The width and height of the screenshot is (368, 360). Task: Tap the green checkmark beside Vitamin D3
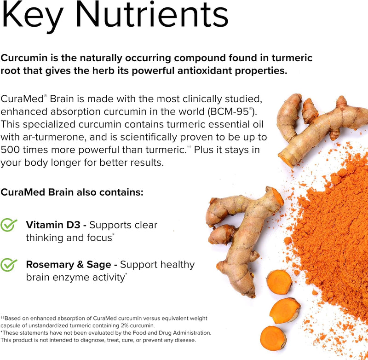point(9,226)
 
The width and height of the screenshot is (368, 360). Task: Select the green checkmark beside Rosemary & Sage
point(9,265)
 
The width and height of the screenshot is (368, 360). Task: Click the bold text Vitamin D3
point(55,225)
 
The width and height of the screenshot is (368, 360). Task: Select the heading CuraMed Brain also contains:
point(72,192)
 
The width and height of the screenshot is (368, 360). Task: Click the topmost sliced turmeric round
point(279,282)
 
